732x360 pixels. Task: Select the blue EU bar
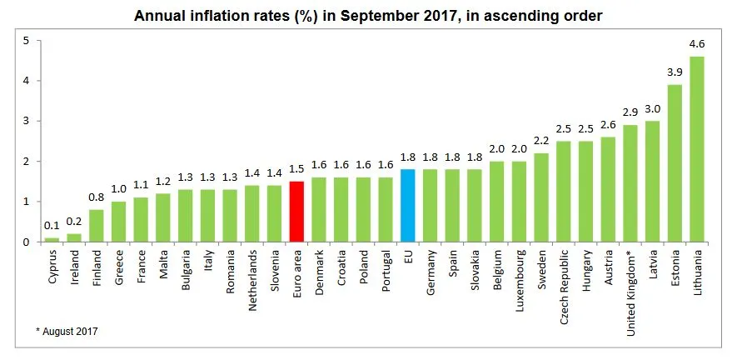[408, 206]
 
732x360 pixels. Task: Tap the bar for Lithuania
[698, 149]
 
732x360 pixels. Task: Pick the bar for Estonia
[675, 163]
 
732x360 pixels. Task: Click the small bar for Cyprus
[52, 240]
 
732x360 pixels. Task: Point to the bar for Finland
[96, 226]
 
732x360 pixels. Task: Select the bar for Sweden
[541, 197]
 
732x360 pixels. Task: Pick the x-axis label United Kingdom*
[630, 284]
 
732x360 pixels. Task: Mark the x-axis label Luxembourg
[520, 277]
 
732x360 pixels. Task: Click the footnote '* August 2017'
[67, 332]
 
